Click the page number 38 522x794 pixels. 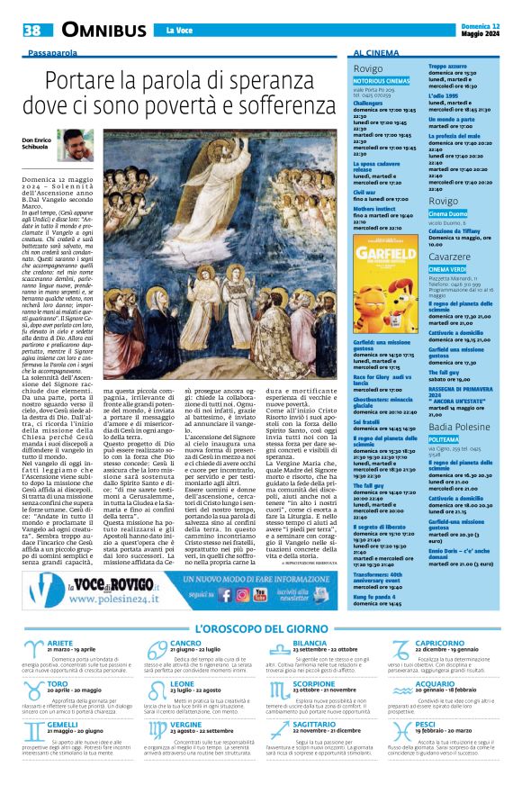(32, 31)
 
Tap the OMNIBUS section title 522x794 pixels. (103, 31)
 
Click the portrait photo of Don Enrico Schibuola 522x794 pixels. (75, 145)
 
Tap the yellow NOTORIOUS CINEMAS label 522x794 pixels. (381, 81)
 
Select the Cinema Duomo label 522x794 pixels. (448, 213)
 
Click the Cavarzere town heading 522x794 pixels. (452, 256)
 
